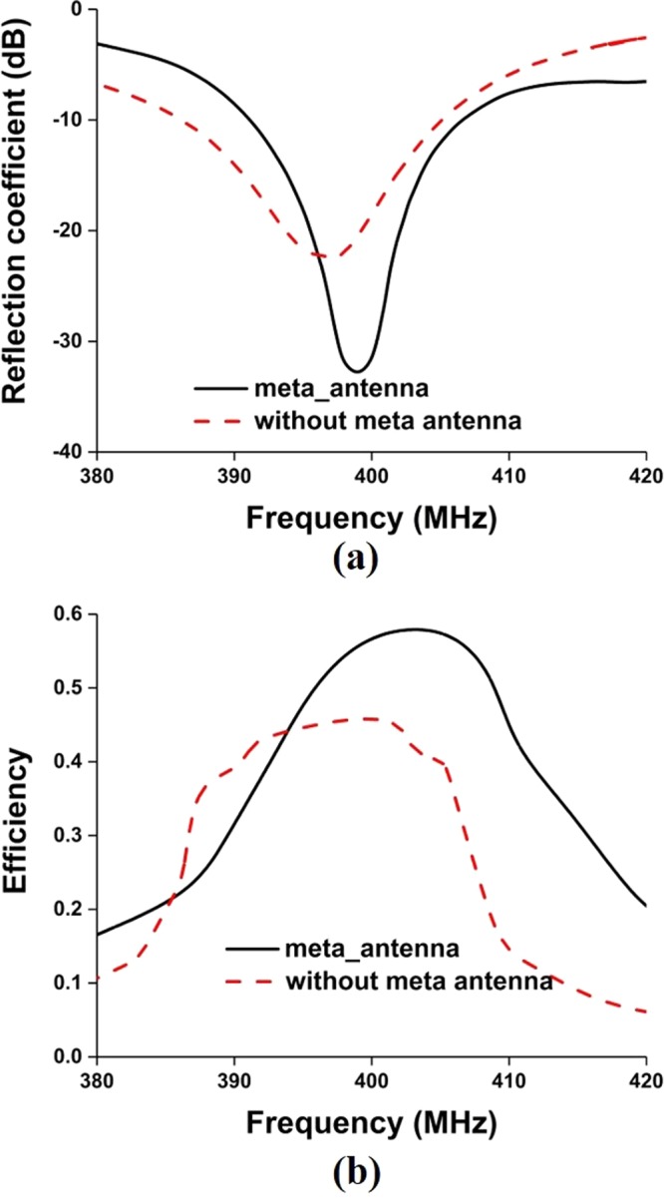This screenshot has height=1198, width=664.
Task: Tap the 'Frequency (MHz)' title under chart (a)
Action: click(x=371, y=519)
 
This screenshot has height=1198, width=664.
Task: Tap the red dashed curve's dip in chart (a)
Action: click(x=326, y=257)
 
